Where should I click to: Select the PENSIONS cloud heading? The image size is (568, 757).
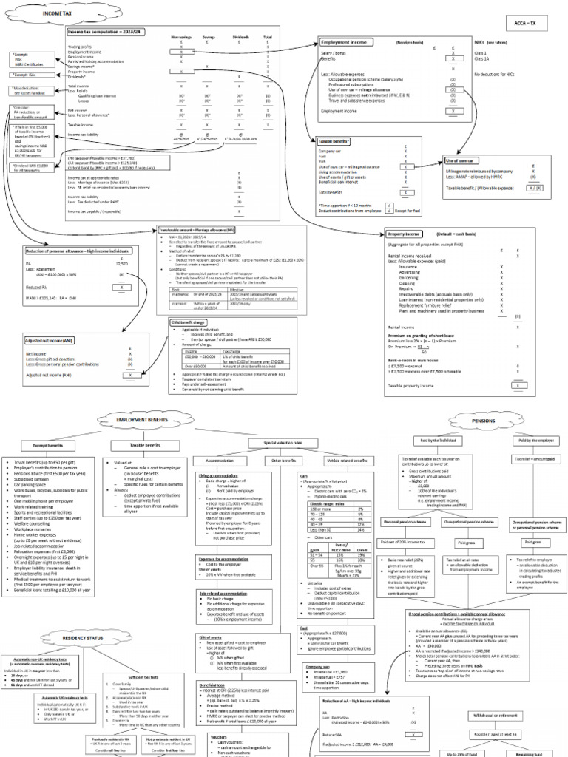click(x=483, y=420)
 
